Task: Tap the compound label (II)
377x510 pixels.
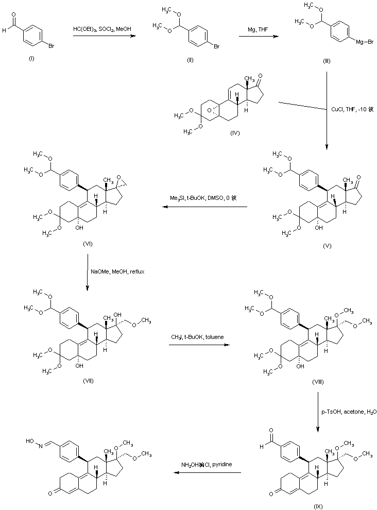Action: tap(190, 61)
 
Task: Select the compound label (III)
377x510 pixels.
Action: tap(327, 61)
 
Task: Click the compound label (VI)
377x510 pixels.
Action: tap(87, 244)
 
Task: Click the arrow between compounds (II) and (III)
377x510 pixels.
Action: tap(256, 36)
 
